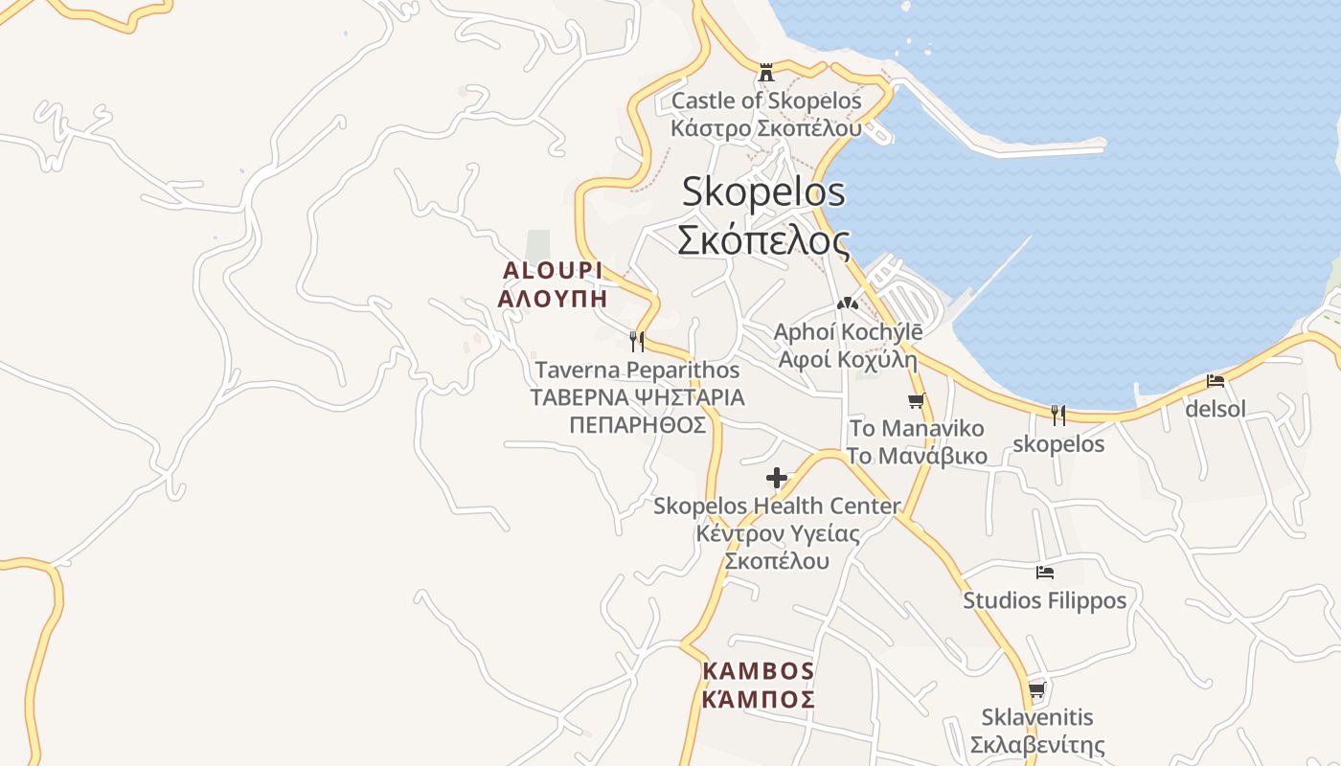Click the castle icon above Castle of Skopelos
tap(765, 72)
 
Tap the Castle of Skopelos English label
tap(766, 101)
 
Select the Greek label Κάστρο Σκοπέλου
tap(766, 127)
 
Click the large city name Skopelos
tap(763, 191)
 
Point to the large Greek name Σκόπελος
tap(763, 239)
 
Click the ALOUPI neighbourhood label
tap(553, 271)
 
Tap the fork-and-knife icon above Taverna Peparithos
tap(636, 341)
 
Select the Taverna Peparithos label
tap(637, 370)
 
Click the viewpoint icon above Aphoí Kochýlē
tap(847, 304)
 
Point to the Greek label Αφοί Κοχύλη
tap(848, 360)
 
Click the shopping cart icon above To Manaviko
tap(916, 400)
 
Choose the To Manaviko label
tap(917, 428)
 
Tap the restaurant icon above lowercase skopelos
tap(1058, 416)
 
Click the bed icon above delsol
tap(1216, 381)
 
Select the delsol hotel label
tap(1216, 409)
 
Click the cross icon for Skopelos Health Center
tap(777, 477)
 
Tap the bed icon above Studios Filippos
tap(1045, 573)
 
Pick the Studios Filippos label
tap(1045, 600)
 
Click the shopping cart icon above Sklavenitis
tap(1036, 689)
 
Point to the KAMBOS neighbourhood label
tap(758, 671)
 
